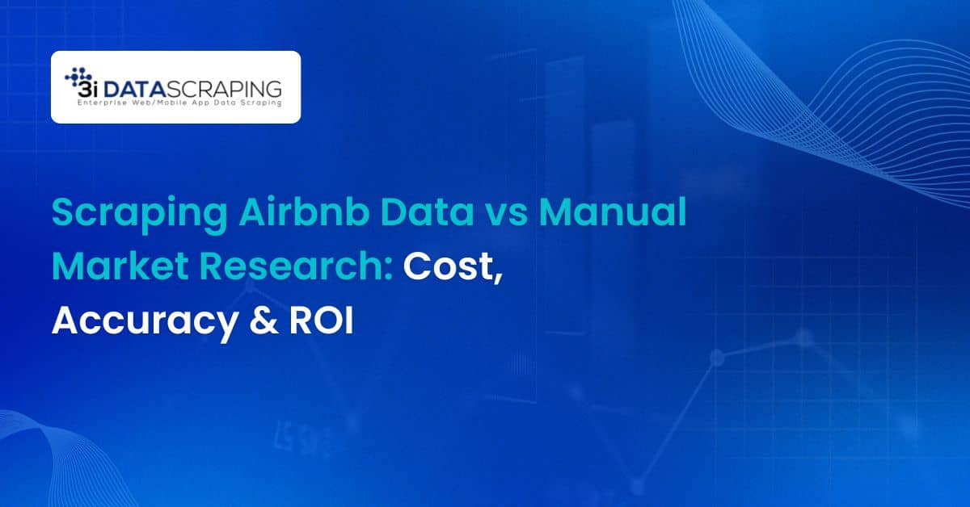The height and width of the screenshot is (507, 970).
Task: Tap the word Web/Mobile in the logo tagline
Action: point(162,103)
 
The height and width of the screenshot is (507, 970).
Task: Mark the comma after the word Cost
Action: point(498,279)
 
